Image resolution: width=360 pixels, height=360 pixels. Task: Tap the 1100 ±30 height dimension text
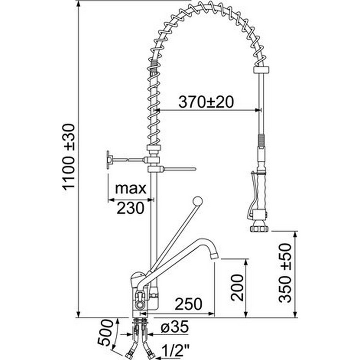[x=69, y=156]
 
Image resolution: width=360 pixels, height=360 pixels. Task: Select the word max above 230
[x=130, y=189]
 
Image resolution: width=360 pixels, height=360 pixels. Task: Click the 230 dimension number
[x=130, y=208]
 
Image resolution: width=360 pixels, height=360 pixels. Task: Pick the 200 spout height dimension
[x=237, y=288]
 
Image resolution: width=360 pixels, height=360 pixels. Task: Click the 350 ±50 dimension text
[x=285, y=273]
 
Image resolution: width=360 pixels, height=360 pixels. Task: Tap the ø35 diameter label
[x=174, y=326]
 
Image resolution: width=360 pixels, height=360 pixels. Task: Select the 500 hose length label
[x=105, y=332]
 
